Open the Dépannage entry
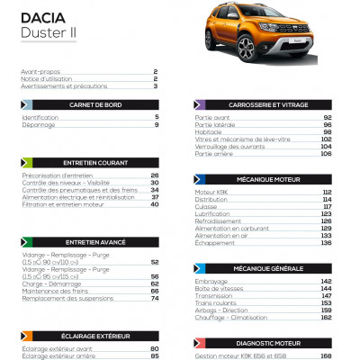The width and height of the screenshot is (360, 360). [39, 125]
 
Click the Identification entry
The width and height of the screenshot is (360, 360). [40, 118]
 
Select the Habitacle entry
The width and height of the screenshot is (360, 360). [210, 132]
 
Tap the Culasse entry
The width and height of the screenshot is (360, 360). [208, 206]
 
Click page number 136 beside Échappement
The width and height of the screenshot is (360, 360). [326, 243]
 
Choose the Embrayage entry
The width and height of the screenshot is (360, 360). [212, 281]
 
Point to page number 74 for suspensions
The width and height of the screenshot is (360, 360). [154, 298]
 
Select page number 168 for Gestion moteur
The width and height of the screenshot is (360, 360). [326, 355]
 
